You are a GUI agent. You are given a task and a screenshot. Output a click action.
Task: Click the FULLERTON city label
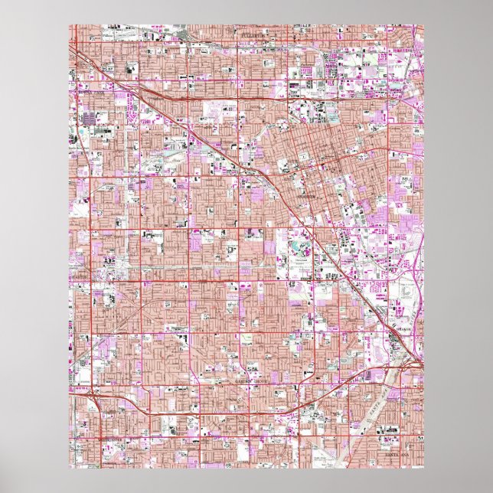coord(250,35)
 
